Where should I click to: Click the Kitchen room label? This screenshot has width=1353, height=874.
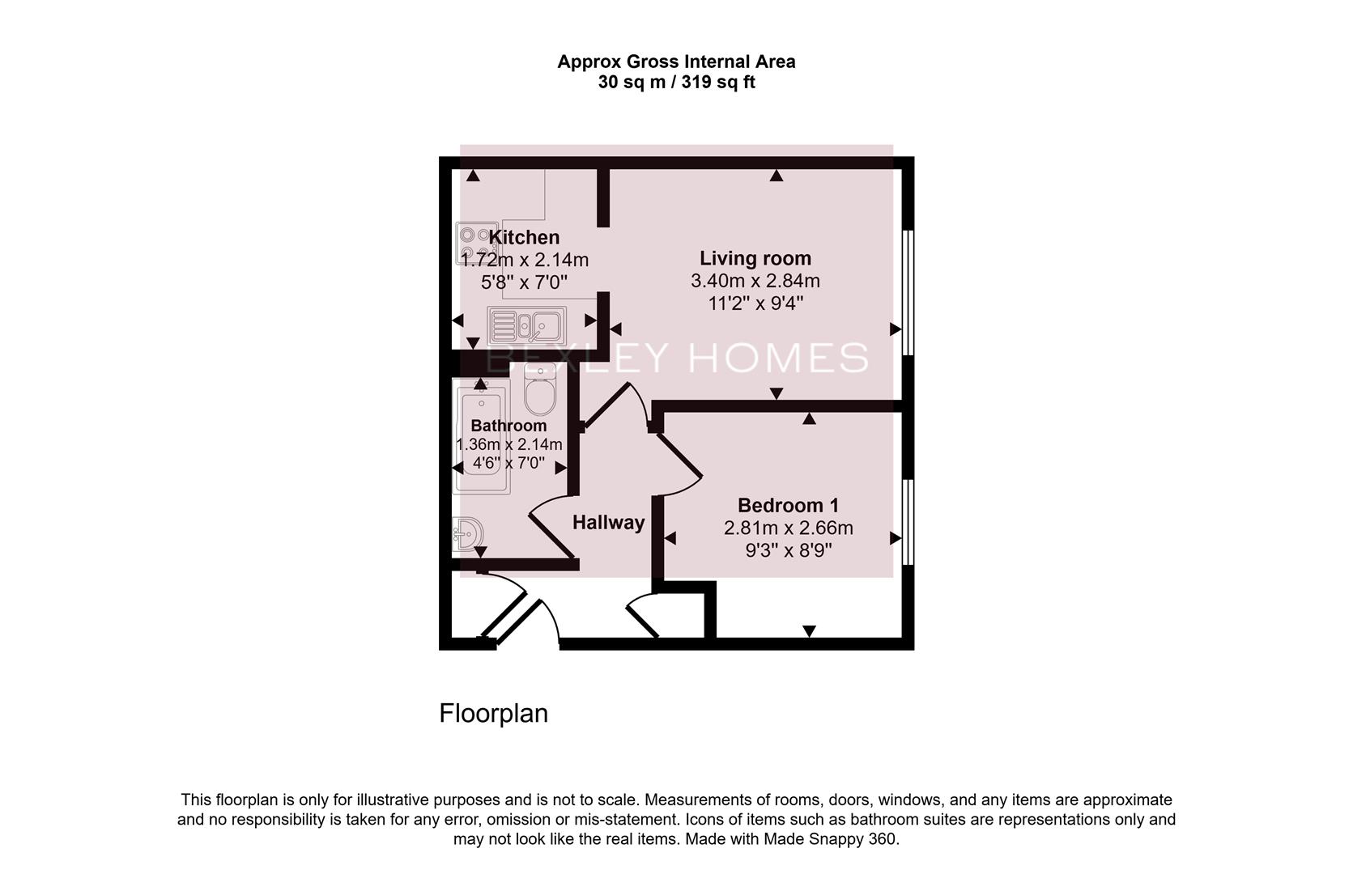pos(524,237)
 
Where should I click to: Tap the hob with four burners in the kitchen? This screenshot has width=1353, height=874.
pos(475,243)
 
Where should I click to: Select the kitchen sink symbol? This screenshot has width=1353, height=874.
pos(527,326)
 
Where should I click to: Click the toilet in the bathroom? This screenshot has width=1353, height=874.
pos(539,390)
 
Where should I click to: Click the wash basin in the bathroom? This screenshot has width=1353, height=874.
pos(468,535)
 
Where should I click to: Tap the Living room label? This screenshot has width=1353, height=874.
pos(755,258)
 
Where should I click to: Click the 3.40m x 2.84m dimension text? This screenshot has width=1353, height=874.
pos(755,281)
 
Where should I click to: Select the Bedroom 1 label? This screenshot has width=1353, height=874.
pos(788,506)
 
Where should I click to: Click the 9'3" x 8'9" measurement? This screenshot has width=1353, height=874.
pos(788,550)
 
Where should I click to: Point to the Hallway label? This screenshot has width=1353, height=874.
pos(608,523)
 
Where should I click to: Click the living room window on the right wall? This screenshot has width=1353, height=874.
pos(908,292)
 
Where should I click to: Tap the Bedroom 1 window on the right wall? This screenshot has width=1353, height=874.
pos(908,522)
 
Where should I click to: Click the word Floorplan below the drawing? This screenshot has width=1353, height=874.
pos(493,713)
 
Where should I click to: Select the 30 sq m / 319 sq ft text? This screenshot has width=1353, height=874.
pos(676,82)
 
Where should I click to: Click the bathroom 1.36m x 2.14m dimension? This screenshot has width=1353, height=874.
pos(508,444)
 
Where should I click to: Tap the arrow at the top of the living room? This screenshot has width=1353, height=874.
pos(776,175)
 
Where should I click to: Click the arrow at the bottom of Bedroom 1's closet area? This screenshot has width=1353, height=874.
pos(809,631)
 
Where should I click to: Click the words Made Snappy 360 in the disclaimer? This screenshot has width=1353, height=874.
pos(829,839)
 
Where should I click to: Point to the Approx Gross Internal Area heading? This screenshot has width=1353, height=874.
pos(676,62)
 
